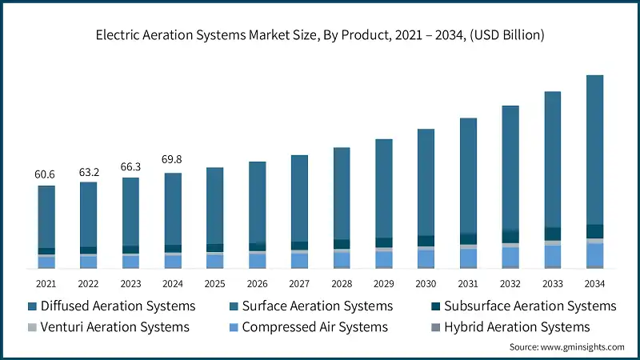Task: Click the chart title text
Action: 320,34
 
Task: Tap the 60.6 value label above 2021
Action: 46,174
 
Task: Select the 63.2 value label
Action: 88,171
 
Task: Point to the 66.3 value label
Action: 130,166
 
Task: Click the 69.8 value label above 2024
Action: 173,161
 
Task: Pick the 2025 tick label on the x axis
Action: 214,283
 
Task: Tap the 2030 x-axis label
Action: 426,283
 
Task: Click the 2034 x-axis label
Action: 594,283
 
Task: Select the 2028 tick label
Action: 341,283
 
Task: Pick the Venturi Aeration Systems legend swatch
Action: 32,326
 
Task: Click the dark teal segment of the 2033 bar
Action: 552,234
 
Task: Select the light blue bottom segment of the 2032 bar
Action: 510,256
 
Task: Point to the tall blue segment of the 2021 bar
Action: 46,217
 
